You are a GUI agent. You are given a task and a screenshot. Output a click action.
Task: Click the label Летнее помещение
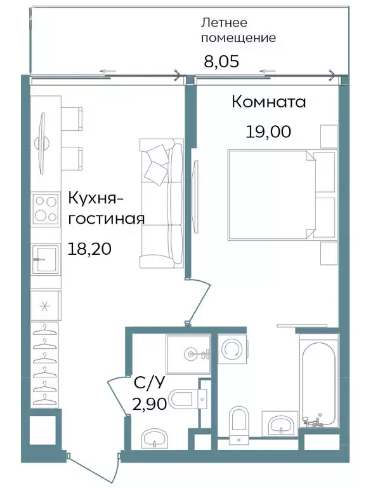pyautogui.click(x=238, y=30)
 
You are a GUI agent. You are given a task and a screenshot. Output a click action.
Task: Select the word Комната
pyautogui.click(x=268, y=102)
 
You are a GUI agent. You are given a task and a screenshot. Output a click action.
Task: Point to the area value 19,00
pyautogui.click(x=268, y=132)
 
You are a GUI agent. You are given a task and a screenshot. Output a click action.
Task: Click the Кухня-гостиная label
pyautogui.click(x=106, y=208)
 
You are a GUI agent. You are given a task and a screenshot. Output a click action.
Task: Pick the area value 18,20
pyautogui.click(x=89, y=248)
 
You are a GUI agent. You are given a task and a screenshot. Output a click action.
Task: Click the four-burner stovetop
pyautogui.click(x=45, y=209)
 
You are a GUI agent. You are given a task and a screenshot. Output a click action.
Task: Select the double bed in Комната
pyautogui.click(x=272, y=194)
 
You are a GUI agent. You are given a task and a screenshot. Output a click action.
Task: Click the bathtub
pyautogui.click(x=320, y=383)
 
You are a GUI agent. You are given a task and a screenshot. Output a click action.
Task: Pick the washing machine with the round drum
pyautogui.click(x=232, y=349)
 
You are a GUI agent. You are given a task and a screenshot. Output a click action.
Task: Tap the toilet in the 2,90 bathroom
pyautogui.click(x=185, y=398)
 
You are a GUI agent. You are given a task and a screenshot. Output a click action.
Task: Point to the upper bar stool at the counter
pyautogui.click(x=72, y=118)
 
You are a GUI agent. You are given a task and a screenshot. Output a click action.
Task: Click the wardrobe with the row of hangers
pyautogui.click(x=45, y=365)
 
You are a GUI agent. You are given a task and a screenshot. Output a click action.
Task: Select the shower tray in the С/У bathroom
pyautogui.click(x=188, y=353)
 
